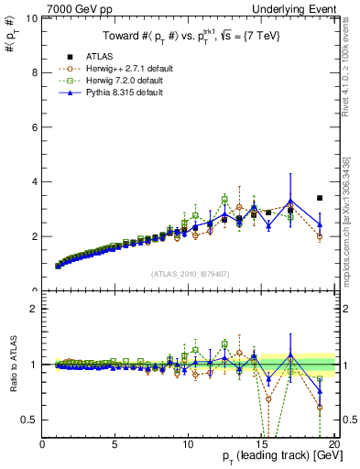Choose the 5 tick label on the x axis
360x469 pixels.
pyautogui.click(x=115, y=444)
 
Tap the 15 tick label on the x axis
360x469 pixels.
pyautogui.click(x=262, y=444)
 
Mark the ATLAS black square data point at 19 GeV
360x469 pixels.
pyautogui.click(x=320, y=198)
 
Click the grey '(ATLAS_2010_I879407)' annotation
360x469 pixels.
pyautogui.click(x=189, y=275)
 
